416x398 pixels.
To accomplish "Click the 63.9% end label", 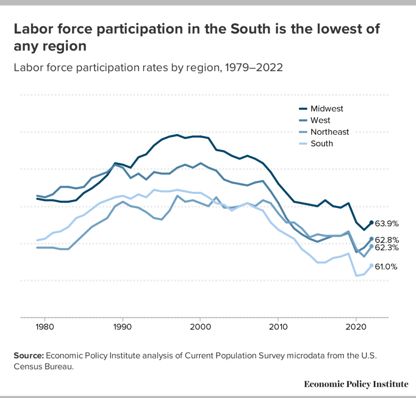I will point(387,223).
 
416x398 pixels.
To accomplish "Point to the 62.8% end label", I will point(387,240).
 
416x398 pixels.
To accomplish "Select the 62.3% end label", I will point(387,247).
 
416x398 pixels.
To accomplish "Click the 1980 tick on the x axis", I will point(45,327).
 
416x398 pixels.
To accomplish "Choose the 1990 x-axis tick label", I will point(123,327).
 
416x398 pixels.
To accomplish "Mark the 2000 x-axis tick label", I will point(200,327).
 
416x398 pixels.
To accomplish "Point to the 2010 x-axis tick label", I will point(278,327).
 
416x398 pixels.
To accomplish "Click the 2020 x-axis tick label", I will point(356,327).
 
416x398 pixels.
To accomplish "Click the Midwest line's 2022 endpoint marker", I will point(371,222).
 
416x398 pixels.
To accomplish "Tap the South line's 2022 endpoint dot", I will point(371,265).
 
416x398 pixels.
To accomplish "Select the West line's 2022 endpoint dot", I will point(371,239).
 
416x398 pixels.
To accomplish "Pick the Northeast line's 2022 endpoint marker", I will point(371,246).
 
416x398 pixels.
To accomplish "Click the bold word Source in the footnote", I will point(29,355).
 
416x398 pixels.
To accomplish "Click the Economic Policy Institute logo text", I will point(356,384).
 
